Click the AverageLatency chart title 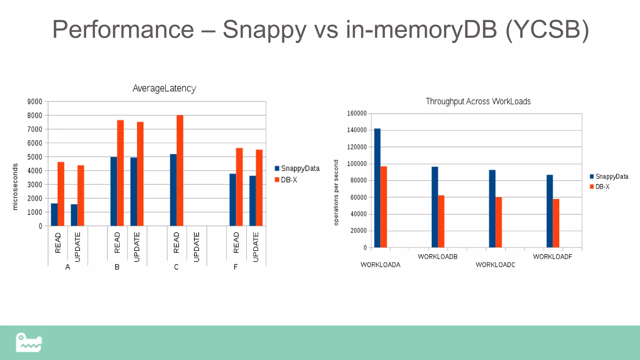coord(164,88)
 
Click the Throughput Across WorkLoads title coord(478,102)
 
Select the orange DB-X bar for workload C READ coord(180,171)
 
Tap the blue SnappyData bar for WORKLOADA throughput coord(377,188)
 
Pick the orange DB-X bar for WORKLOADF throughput coord(556,223)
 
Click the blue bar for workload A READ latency coord(54,215)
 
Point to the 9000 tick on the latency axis coord(35,102)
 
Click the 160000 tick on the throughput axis coord(357,113)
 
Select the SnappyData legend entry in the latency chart coord(297,168)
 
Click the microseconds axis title coord(15,187)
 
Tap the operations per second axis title coord(336,192)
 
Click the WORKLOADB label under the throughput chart coord(437,257)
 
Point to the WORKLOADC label coord(495,265)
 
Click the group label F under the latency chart coord(236,267)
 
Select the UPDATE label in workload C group coord(196,247)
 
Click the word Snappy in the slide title coord(264,29)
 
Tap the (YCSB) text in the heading coord(547,29)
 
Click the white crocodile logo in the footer coord(29,342)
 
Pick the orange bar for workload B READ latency coord(120,173)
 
